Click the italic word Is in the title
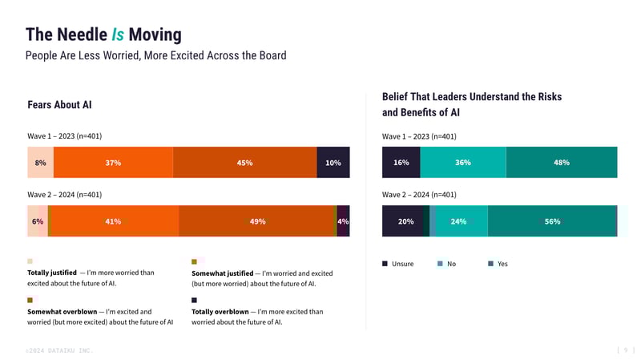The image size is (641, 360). pyautogui.click(x=118, y=34)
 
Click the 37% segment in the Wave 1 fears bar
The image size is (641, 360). pyautogui.click(x=113, y=163)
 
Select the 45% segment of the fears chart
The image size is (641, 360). pyautogui.click(x=245, y=163)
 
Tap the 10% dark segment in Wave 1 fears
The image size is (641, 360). pyautogui.click(x=333, y=163)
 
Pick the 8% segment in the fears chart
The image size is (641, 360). pyautogui.click(x=40, y=163)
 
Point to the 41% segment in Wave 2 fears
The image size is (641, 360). pyautogui.click(x=113, y=221)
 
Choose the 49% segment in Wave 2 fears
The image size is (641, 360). pyautogui.click(x=257, y=221)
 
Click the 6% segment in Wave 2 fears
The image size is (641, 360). pyautogui.click(x=37, y=221)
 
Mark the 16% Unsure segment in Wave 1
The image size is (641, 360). pyautogui.click(x=401, y=163)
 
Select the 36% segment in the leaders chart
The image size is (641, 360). pyautogui.click(x=463, y=163)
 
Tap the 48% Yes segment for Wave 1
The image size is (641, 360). pyautogui.click(x=562, y=163)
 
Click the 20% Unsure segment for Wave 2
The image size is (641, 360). pyautogui.click(x=405, y=221)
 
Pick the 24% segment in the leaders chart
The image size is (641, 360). pyautogui.click(x=458, y=221)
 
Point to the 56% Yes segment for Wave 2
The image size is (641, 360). pyautogui.click(x=553, y=221)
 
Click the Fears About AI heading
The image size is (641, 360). pyautogui.click(x=59, y=105)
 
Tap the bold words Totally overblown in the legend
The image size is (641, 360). pyautogui.click(x=220, y=311)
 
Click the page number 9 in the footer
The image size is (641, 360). pyautogui.click(x=626, y=350)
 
